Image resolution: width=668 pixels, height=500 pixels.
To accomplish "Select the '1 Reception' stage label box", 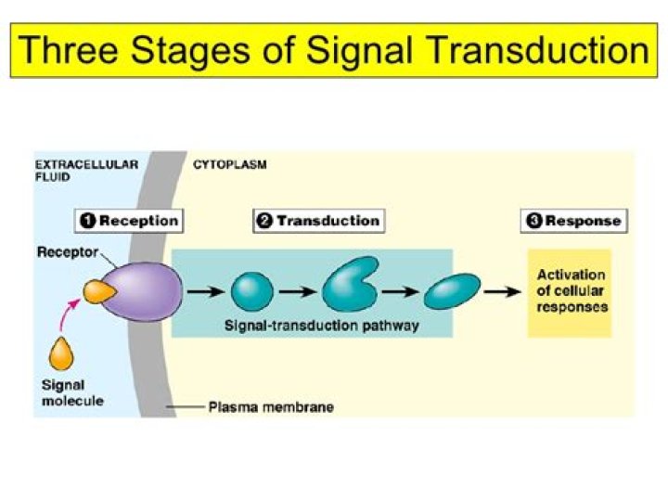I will coord(128,221).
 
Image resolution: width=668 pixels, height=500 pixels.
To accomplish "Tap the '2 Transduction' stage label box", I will coord(317,221).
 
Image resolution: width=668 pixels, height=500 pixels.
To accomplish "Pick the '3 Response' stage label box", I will coord(572,221).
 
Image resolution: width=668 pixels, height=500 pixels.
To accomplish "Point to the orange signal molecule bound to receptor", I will coord(98,291).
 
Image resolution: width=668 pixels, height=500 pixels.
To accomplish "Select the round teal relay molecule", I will coord(251,291).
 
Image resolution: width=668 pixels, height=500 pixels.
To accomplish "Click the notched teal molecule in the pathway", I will coord(349,287).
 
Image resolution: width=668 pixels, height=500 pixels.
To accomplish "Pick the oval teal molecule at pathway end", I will coord(452,291).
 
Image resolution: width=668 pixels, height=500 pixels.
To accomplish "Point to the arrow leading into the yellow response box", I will coord(501,291).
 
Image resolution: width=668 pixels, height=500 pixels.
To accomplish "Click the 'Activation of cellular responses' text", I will coord(571,290).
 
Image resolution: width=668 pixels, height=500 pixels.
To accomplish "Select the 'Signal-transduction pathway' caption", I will coord(309,326).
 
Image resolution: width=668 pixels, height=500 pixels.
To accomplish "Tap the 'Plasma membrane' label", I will coord(271,406).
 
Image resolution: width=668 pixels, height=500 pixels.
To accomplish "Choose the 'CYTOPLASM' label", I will coord(229,165).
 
